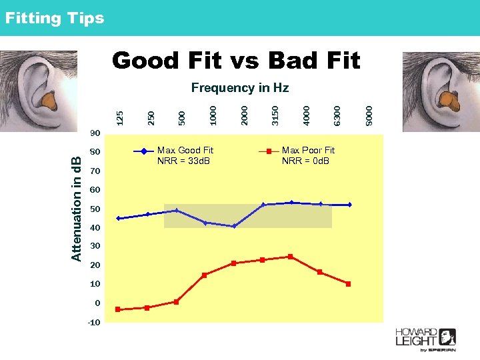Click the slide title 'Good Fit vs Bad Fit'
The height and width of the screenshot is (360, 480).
point(236,61)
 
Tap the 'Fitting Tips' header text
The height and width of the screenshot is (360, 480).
point(55,18)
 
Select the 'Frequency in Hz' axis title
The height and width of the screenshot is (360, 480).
point(239,87)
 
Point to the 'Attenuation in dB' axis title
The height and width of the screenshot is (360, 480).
point(77,208)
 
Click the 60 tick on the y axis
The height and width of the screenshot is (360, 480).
point(95,190)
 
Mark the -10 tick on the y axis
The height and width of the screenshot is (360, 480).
point(94,323)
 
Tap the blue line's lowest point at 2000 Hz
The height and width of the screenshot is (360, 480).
point(234,226)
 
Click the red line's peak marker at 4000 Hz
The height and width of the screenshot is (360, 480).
point(291,256)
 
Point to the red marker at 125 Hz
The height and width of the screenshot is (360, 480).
point(118,309)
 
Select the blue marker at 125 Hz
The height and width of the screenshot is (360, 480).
point(119,218)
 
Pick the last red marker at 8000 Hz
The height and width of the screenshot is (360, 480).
point(348,284)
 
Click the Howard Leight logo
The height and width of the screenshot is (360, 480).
point(425,339)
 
